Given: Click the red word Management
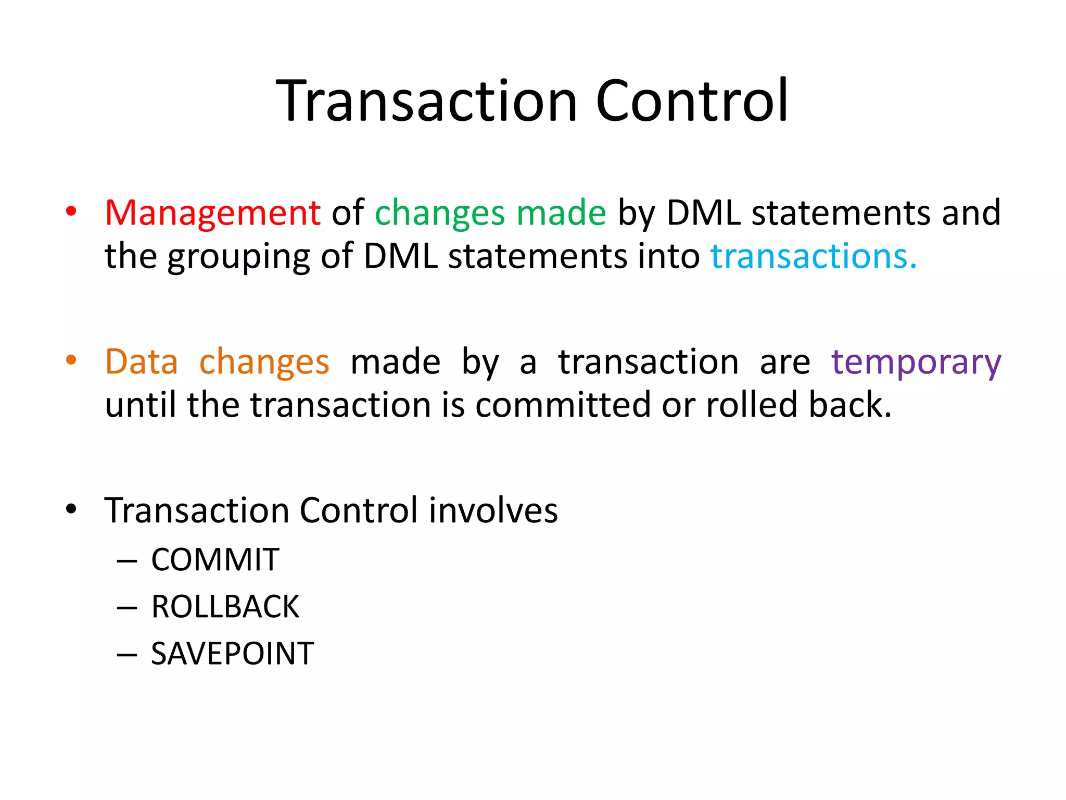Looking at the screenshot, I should (x=212, y=213).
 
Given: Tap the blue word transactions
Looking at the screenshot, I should (x=813, y=257).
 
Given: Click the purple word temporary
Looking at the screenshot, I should (x=916, y=362).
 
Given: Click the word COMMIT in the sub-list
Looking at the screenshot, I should (x=215, y=560).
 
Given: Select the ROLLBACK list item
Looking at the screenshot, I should (x=225, y=607).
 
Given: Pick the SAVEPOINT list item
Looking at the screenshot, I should (x=232, y=654).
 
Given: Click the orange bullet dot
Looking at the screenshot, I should (x=71, y=360).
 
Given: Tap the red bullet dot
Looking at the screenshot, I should (x=71, y=211).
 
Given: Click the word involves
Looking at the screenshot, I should (x=493, y=510).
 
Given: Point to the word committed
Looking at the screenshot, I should (x=563, y=405).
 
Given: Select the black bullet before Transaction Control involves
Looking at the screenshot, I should (x=71, y=509).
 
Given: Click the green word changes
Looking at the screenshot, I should (x=440, y=214).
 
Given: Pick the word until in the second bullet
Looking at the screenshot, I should (x=141, y=405).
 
